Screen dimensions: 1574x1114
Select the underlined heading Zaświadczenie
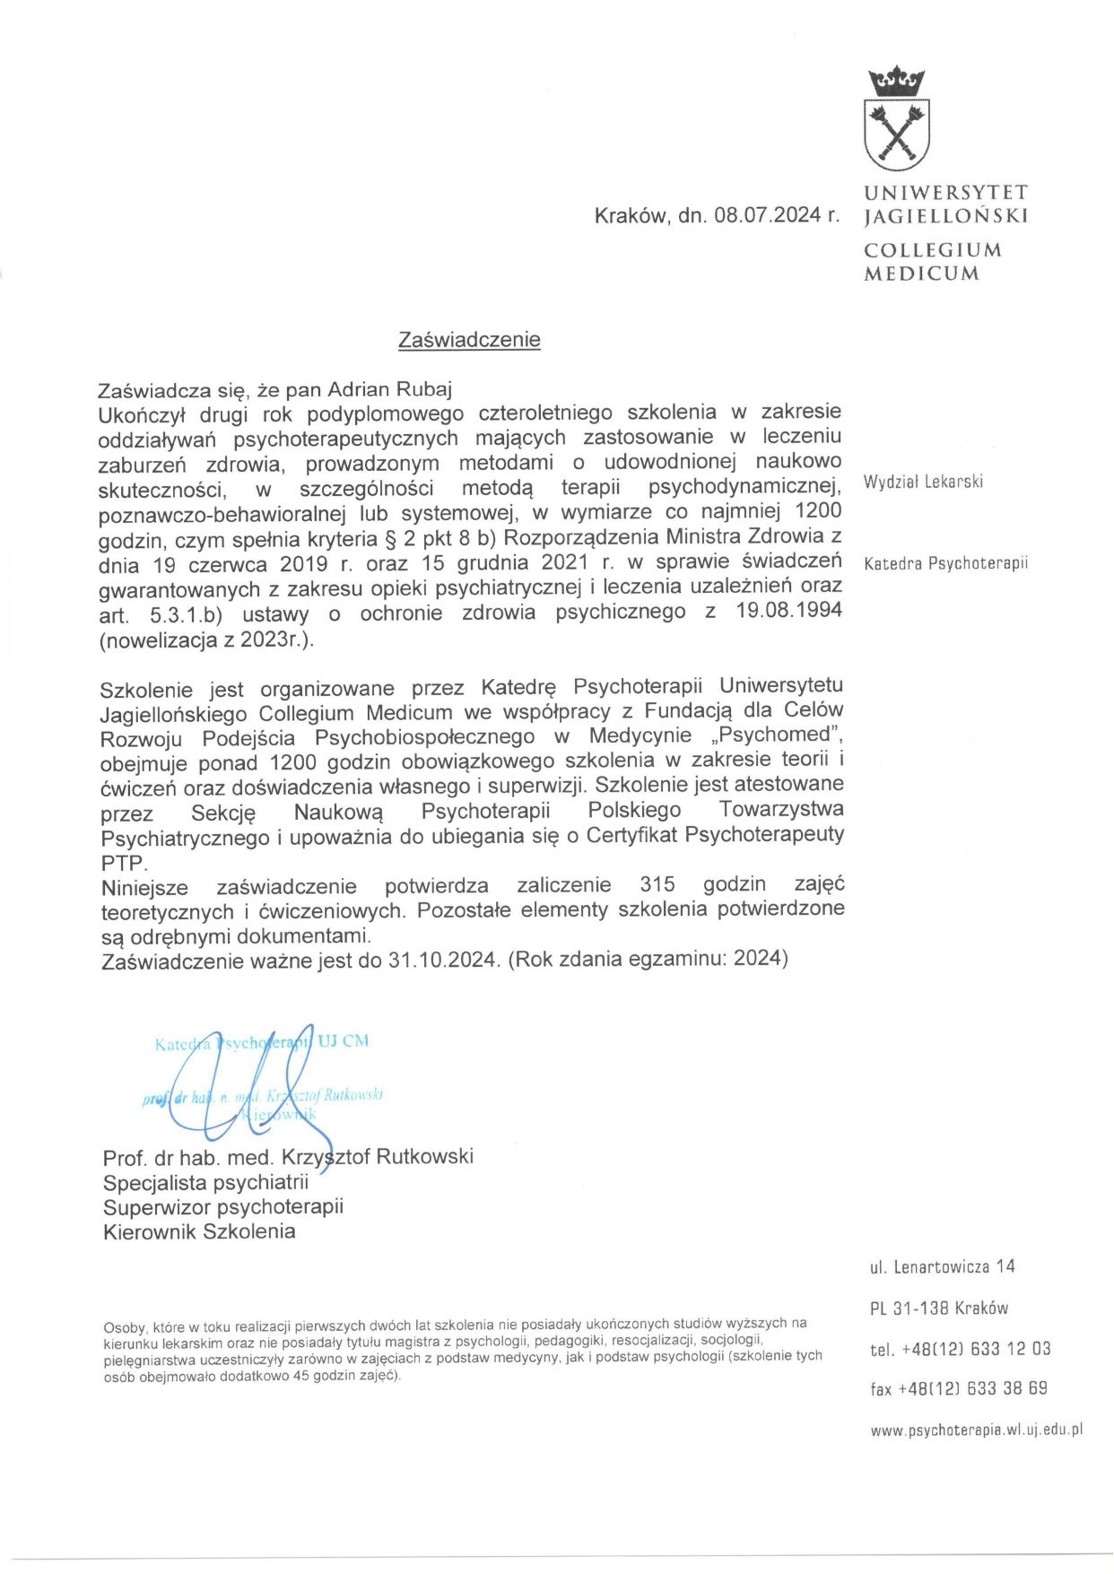tap(469, 340)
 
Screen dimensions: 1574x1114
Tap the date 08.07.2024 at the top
tap(768, 215)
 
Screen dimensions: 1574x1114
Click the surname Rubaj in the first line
tap(422, 389)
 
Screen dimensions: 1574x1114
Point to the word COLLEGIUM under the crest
tap(933, 250)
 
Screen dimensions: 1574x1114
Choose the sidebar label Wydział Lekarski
tap(923, 482)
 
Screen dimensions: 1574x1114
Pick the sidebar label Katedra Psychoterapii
tap(945, 563)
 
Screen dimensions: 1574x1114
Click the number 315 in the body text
tap(657, 884)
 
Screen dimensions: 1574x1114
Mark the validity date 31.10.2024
tap(442, 960)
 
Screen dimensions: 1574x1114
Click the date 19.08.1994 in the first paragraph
tap(788, 612)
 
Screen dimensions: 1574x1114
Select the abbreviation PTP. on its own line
tap(124, 863)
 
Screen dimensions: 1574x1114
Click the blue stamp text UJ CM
tap(343, 1041)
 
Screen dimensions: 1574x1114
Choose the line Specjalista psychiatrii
tap(205, 1182)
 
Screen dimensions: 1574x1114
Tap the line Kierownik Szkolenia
tap(199, 1231)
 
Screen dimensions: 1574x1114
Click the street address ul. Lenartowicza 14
tap(942, 1266)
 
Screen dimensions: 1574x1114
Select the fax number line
tap(958, 1388)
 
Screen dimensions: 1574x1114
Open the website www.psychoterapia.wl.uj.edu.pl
tap(976, 1431)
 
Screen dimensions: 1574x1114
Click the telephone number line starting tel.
tap(960, 1349)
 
